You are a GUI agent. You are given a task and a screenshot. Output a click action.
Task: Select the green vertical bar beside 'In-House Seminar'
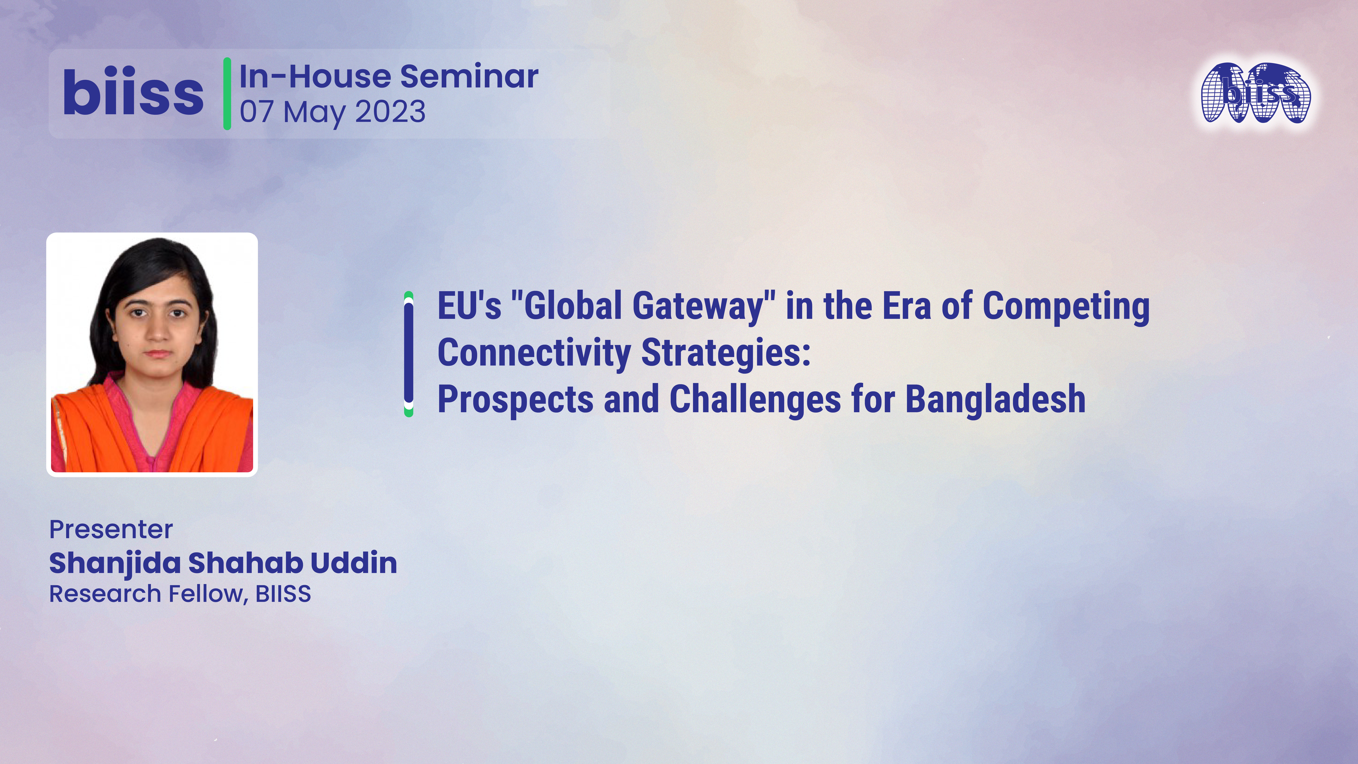tap(227, 93)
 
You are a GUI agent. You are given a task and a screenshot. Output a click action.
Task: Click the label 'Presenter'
tap(111, 529)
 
